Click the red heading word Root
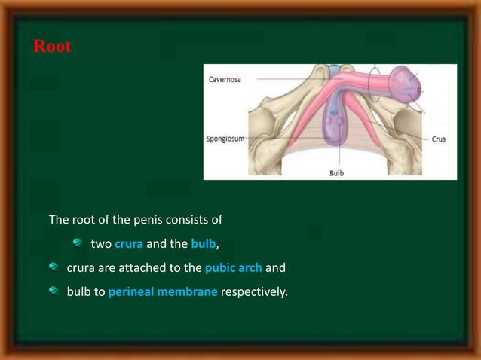(x=53, y=47)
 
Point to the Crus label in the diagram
(x=438, y=139)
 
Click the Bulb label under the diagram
(x=335, y=172)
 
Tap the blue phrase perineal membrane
(x=163, y=291)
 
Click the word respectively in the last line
(x=254, y=291)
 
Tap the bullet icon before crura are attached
(x=53, y=267)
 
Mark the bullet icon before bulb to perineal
(x=53, y=291)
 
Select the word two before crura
(x=101, y=244)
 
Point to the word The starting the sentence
(x=59, y=221)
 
